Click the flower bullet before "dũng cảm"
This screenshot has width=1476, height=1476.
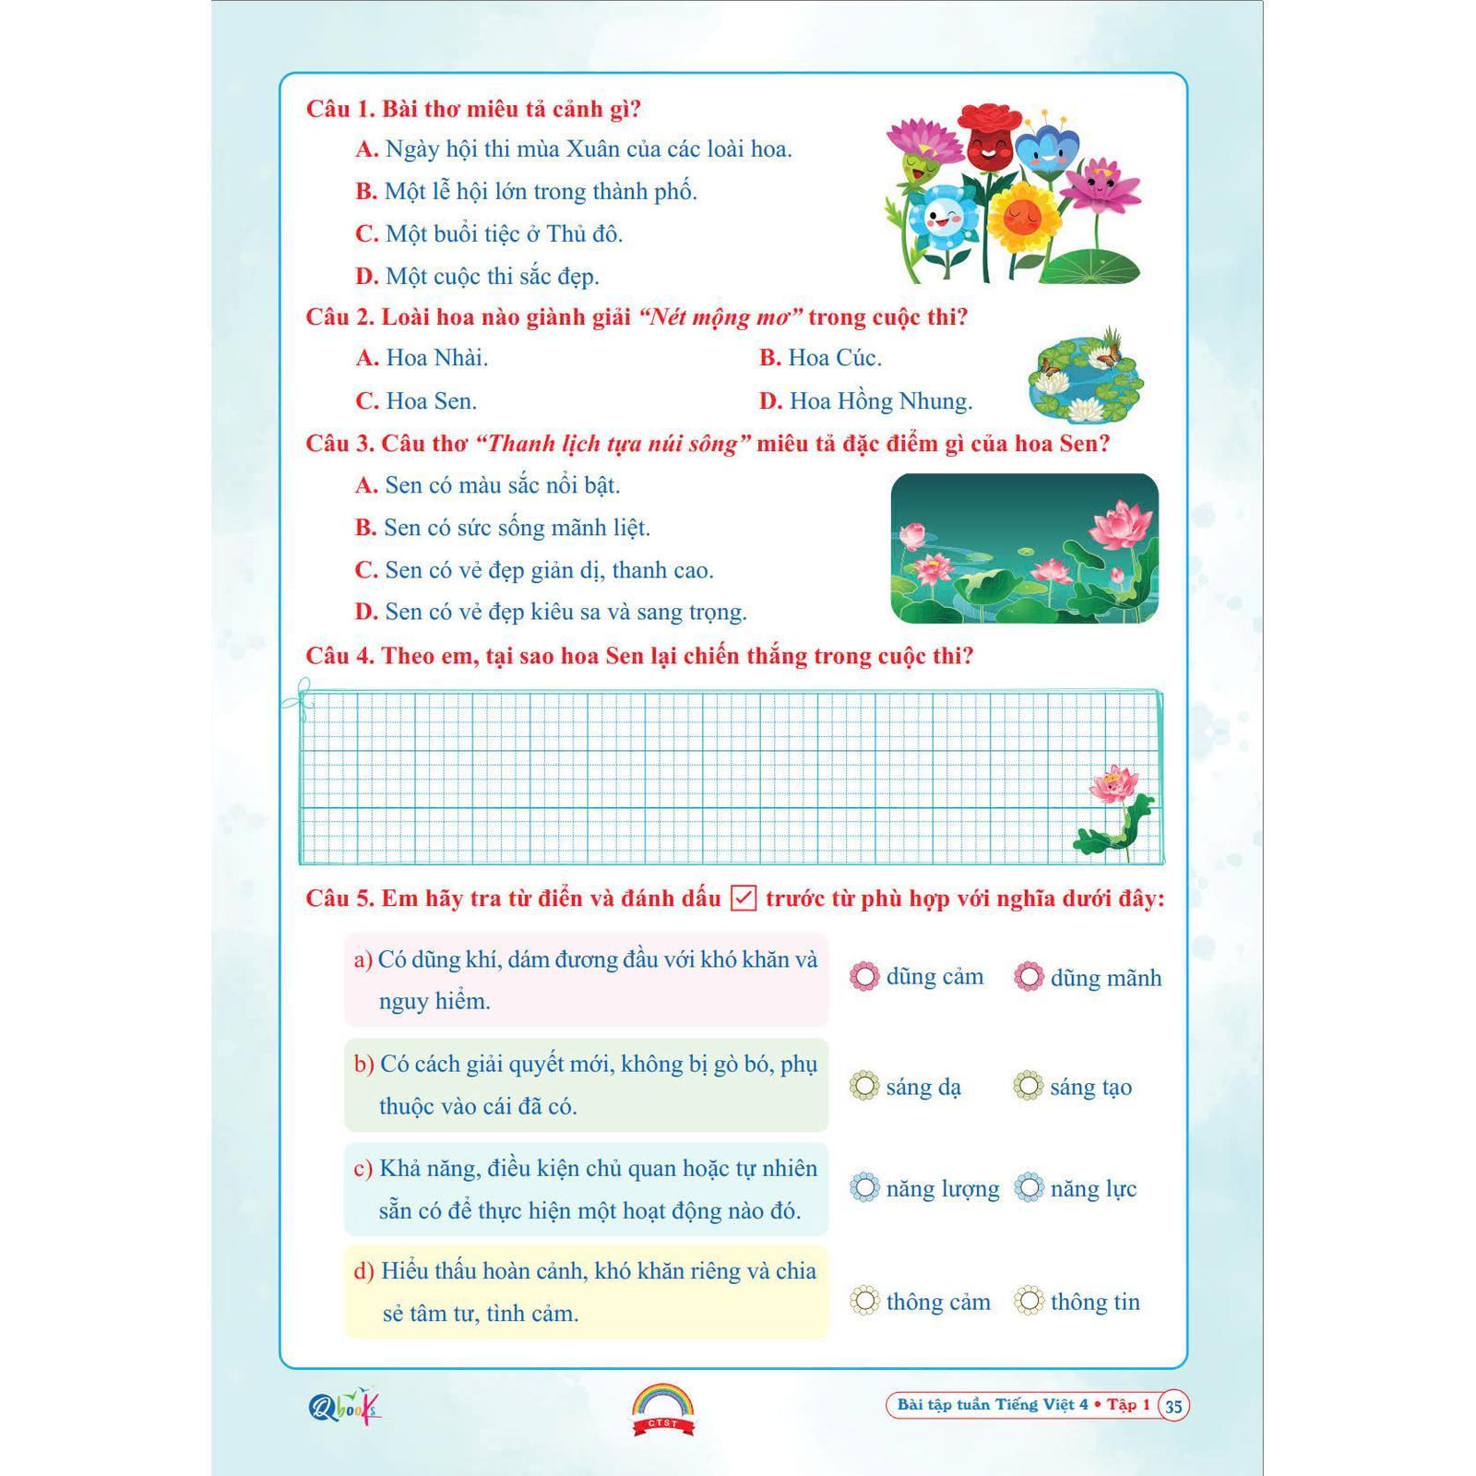pos(864,976)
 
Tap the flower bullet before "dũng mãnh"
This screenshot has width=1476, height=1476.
pos(1029,977)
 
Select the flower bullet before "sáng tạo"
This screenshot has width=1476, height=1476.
pos(1029,1086)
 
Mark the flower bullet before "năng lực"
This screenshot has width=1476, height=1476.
pos(1029,1187)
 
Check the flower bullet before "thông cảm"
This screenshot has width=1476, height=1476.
pos(864,1301)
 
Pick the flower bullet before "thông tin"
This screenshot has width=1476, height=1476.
pos(1029,1301)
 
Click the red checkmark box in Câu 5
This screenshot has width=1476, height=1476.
pos(744,898)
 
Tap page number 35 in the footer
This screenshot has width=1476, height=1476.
pos(1173,1406)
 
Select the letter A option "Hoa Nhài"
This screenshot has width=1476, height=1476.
pos(423,358)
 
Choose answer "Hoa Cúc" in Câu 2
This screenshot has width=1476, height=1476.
pos(821,358)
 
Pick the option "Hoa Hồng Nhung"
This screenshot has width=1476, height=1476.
pos(866,401)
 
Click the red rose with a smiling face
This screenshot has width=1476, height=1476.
pos(993,138)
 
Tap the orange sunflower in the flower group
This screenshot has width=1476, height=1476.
pos(1022,218)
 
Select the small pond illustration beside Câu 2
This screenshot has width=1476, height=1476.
pos(1086,374)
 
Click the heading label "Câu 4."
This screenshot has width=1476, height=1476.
pos(339,656)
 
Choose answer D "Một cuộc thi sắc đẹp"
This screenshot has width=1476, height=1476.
pos(478,276)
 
